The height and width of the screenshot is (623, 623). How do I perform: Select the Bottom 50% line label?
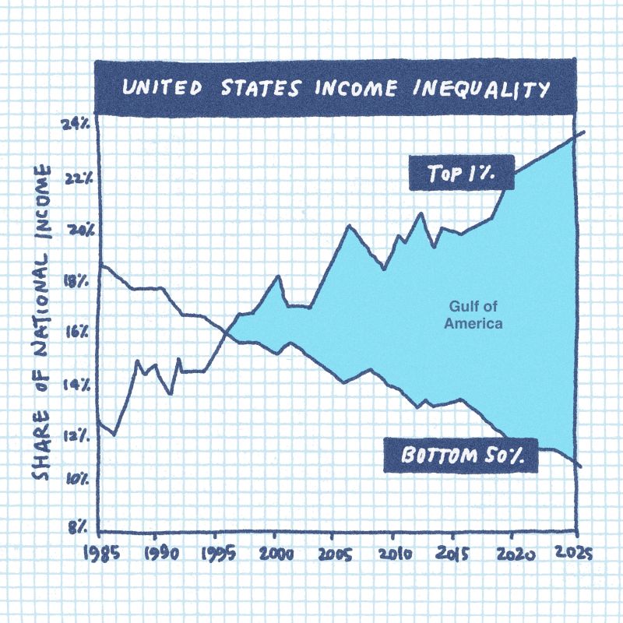(461, 455)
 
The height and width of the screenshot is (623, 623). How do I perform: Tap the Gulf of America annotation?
(473, 315)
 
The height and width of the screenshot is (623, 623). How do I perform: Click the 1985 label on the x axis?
(99, 554)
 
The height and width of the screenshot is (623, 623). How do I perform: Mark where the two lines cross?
(227, 333)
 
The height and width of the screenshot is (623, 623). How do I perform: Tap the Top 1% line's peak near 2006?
(348, 226)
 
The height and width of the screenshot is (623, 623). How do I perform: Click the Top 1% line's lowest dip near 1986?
(114, 435)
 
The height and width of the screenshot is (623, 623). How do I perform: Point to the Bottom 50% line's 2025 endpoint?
(580, 466)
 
